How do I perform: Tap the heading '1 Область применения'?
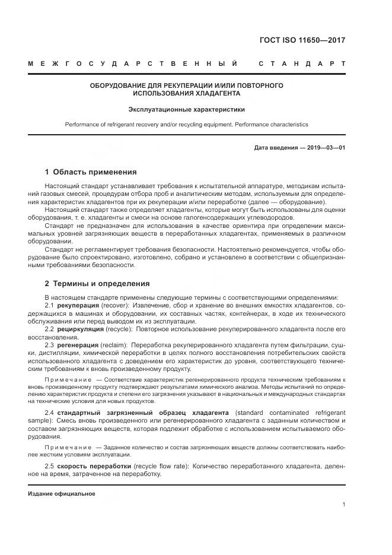click(x=91, y=172)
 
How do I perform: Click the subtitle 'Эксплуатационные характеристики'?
click(x=187, y=109)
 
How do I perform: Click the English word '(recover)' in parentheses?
click(x=115, y=305)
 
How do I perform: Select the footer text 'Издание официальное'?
click(x=62, y=493)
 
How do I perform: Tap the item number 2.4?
click(x=50, y=412)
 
